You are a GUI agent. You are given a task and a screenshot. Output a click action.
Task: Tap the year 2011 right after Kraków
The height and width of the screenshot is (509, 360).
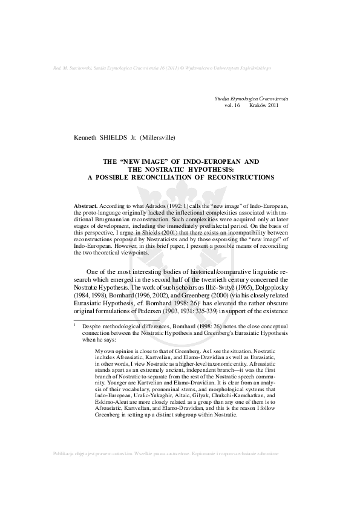[x=277, y=105]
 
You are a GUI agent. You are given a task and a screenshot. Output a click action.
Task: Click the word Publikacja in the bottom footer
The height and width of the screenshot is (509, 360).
[x=66, y=487]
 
